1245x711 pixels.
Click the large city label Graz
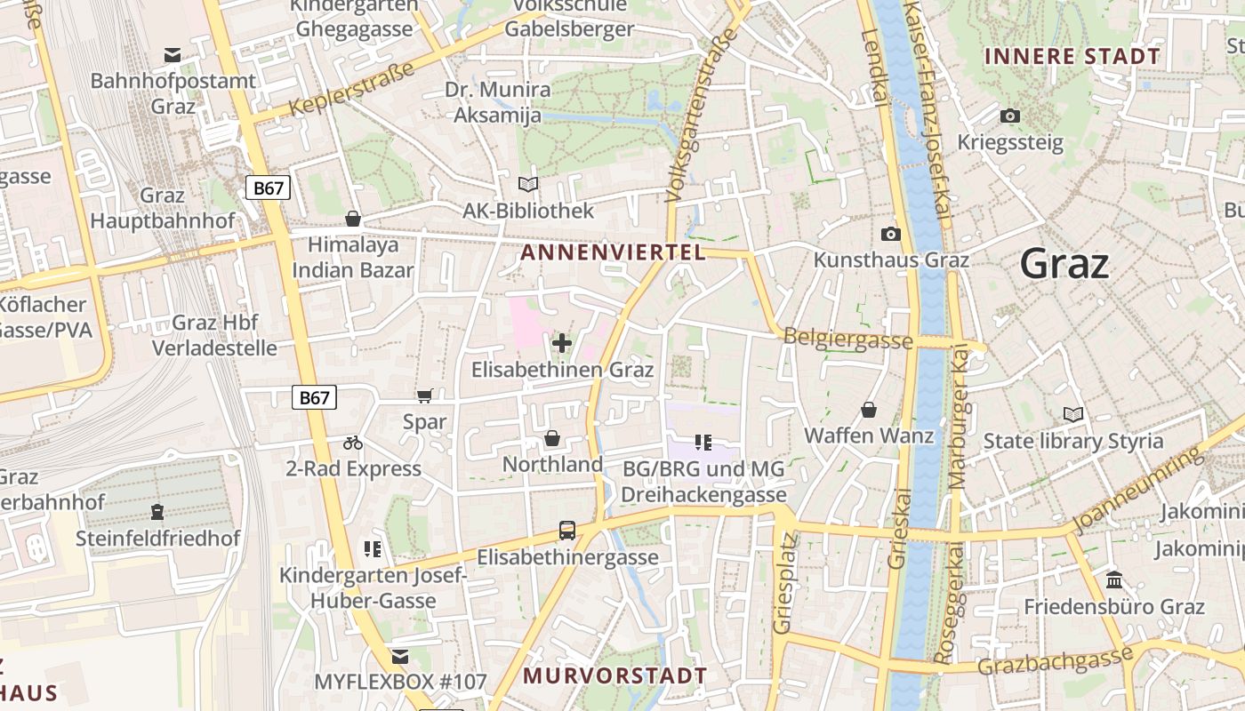pos(1064,264)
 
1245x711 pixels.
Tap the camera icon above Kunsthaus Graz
pos(890,234)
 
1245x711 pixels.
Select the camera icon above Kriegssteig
pos(1009,116)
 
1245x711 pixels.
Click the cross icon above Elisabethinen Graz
pos(561,342)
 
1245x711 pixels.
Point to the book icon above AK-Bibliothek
pos(528,184)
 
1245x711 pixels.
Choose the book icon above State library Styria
pos(1072,414)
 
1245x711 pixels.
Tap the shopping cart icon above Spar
pos(424,395)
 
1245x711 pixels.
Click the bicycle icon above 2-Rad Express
pos(353,442)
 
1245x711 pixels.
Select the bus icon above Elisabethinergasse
pos(566,531)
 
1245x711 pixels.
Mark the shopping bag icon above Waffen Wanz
pos(869,410)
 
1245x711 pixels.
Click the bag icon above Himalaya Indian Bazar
pos(353,219)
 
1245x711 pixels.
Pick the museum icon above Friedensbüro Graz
pos(1113,580)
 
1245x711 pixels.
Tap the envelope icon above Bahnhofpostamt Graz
pos(173,56)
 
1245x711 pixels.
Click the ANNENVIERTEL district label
pos(613,252)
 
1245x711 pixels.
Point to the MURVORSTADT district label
pos(614,675)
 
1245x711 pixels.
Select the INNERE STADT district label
pos(1072,57)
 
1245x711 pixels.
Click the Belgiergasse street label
pos(847,339)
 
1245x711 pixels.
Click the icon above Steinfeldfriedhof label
pos(157,511)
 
